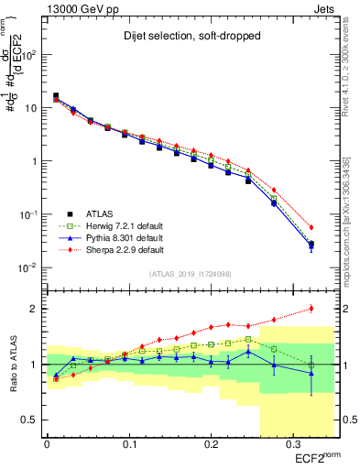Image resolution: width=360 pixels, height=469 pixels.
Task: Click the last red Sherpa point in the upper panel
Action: pos(311,227)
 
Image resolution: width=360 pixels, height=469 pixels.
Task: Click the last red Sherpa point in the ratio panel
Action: pos(311,308)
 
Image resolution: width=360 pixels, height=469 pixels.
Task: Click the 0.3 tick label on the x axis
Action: pos(292,446)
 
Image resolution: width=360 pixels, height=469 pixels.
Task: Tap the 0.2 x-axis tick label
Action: pos(211,446)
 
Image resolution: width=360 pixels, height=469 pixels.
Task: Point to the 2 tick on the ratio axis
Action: pos(36,309)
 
